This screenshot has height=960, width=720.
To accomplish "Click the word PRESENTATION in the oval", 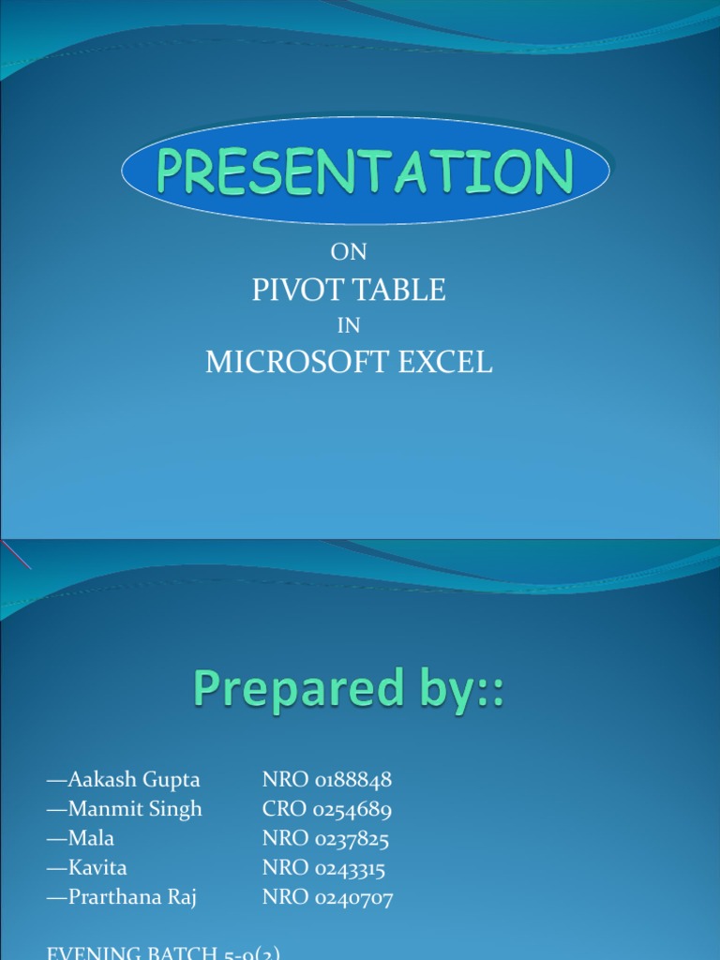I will [x=365, y=172].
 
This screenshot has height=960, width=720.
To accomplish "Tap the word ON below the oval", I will [x=349, y=252].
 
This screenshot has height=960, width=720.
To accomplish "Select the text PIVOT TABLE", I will [x=349, y=291].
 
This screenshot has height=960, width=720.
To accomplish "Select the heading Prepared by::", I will [x=349, y=690].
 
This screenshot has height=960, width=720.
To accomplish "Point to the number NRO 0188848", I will [x=327, y=780].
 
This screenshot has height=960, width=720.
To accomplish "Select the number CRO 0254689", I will [x=327, y=809].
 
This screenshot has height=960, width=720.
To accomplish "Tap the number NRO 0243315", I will [x=324, y=868].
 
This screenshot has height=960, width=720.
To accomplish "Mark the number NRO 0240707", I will [x=327, y=898].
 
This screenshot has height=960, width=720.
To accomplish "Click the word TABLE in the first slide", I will [x=400, y=291].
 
